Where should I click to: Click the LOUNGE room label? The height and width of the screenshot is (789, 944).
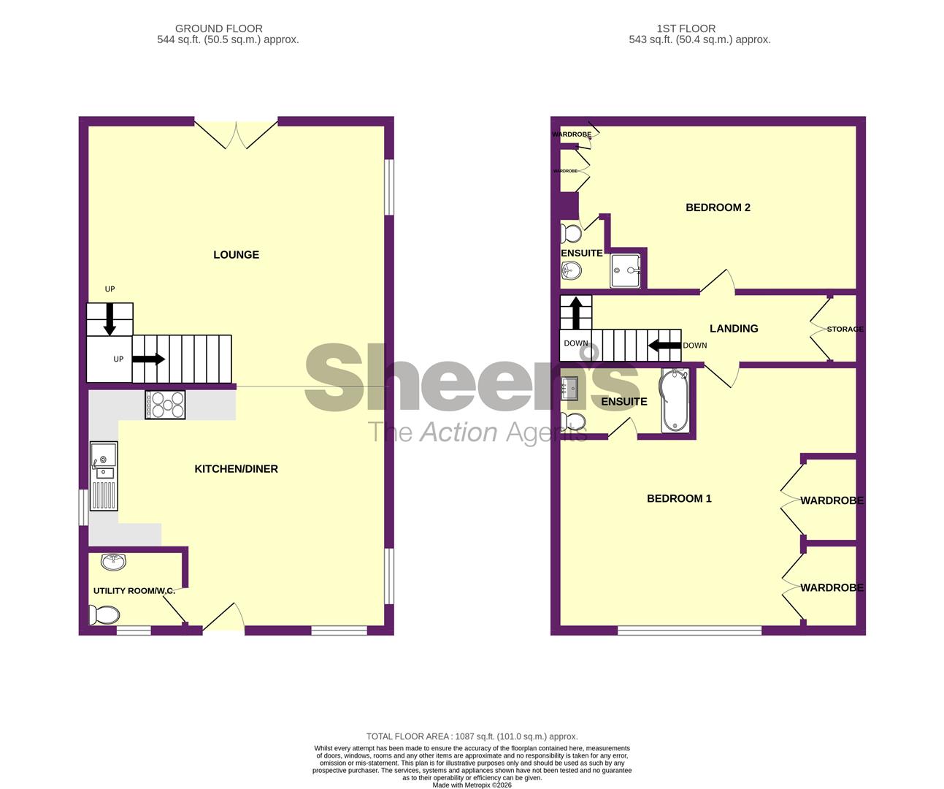point(236,255)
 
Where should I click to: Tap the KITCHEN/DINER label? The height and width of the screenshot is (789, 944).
point(236,469)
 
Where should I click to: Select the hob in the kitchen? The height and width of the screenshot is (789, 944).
point(166,405)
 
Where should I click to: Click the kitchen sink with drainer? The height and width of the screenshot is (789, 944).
point(104,476)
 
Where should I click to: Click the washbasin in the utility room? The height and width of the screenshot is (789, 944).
point(113,562)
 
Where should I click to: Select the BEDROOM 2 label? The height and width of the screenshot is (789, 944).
point(718,207)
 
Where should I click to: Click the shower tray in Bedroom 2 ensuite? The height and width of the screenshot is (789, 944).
point(626,270)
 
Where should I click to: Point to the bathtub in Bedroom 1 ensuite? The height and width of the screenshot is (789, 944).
point(675,401)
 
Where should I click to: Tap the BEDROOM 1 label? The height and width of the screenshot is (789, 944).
point(679,499)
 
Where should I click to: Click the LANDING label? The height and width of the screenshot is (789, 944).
point(734,329)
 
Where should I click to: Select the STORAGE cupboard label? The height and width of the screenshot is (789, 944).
point(845,329)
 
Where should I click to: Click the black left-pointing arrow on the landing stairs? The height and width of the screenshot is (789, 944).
point(664,345)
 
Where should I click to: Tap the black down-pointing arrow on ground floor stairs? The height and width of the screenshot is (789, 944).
point(110,319)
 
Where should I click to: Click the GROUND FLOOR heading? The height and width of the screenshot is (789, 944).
point(219,28)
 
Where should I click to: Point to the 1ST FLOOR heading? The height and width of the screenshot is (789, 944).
point(686,28)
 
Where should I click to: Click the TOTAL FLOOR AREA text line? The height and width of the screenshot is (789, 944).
point(472,736)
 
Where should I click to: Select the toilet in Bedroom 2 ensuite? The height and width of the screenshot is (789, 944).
point(572,234)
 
